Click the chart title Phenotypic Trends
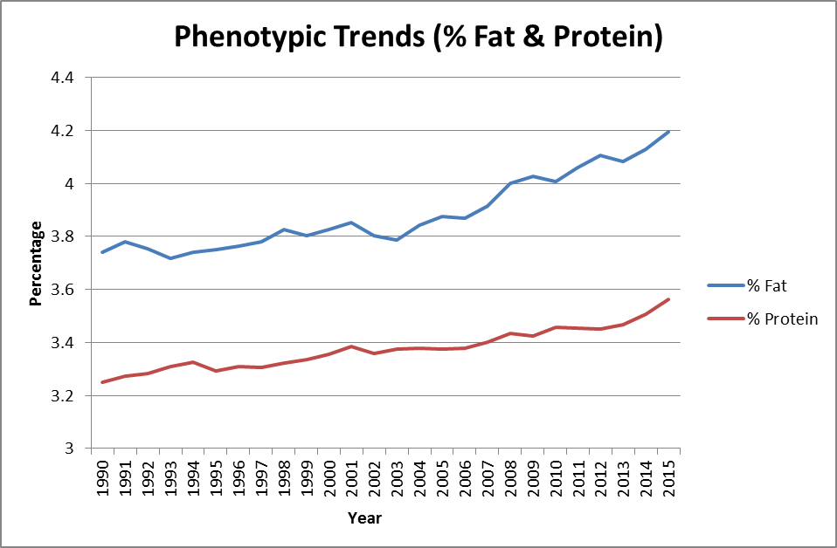[418, 37]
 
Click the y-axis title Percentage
[36, 264]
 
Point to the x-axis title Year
[363, 518]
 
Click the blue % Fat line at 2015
[668, 132]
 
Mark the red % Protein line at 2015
[668, 299]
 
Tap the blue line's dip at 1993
[171, 258]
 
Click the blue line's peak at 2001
[352, 223]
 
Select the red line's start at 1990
[103, 382]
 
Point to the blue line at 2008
[510, 183]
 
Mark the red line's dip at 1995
[217, 371]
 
